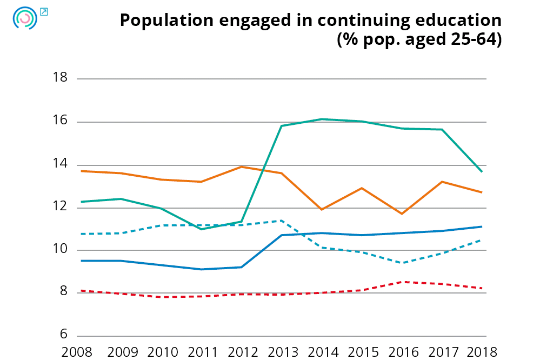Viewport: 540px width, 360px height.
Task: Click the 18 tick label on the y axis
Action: coord(60,78)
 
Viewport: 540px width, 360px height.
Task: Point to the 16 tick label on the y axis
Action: coord(60,121)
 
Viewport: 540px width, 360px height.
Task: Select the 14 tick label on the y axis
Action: coord(60,164)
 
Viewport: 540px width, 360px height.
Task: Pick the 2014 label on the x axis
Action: coord(323,352)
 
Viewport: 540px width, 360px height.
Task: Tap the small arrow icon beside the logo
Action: coord(44,11)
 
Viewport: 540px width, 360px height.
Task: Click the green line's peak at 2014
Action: coord(322,119)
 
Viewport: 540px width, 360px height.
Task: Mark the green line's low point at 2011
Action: coord(202,229)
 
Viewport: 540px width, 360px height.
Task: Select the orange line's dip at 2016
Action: coord(402,214)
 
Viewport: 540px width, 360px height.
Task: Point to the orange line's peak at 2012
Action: coord(242,166)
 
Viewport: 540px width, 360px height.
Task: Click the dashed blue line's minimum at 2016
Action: coord(402,263)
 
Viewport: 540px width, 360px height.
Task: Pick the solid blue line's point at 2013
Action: coord(282,235)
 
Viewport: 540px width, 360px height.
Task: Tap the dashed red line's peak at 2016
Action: coord(402,282)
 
